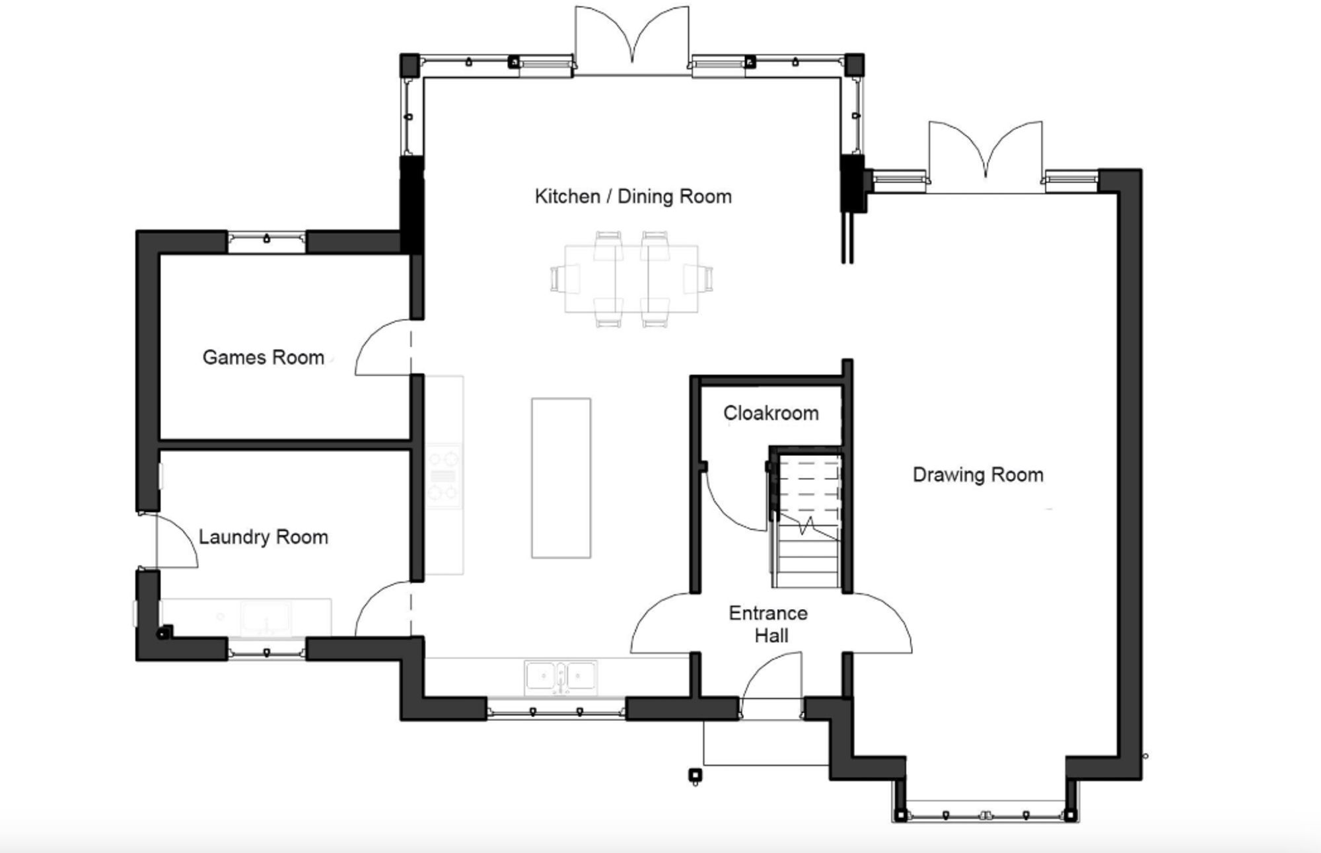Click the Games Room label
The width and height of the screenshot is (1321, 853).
pos(263,357)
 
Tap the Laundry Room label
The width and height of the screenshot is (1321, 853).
pos(263,537)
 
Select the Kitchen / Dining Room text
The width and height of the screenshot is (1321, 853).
pos(633,196)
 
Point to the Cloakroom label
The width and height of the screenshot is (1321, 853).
pos(771,414)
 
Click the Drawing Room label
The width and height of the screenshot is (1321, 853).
pos(978,475)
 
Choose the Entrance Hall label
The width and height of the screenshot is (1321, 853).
pos(769,624)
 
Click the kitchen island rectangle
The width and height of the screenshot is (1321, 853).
pos(561,478)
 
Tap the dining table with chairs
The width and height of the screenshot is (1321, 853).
pos(631,278)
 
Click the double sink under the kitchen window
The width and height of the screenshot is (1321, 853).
pos(561,677)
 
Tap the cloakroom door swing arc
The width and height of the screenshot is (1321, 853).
pos(733,502)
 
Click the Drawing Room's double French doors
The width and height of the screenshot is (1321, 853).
pos(985,155)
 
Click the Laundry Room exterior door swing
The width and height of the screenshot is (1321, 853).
pos(177,540)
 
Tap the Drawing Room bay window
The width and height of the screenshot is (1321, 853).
pos(985,815)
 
